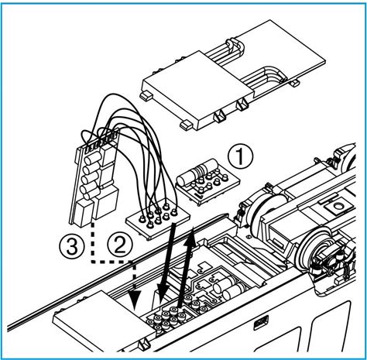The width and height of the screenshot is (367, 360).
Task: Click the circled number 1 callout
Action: (x=241, y=156)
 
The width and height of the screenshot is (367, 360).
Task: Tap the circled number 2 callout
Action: (x=120, y=244)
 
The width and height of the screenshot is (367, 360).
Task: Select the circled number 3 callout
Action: (x=72, y=245)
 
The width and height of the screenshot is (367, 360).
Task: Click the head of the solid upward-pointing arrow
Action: (x=190, y=237)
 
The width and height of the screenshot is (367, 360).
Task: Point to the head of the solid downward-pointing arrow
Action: (x=163, y=291)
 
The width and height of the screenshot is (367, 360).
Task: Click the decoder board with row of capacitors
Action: (x=94, y=178)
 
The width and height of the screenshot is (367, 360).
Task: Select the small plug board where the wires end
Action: (x=158, y=219)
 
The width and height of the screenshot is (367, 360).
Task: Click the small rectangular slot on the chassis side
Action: (x=261, y=323)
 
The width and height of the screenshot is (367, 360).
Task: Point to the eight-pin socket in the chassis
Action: (x=168, y=320)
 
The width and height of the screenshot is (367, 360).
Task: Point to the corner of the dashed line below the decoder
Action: (x=93, y=262)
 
